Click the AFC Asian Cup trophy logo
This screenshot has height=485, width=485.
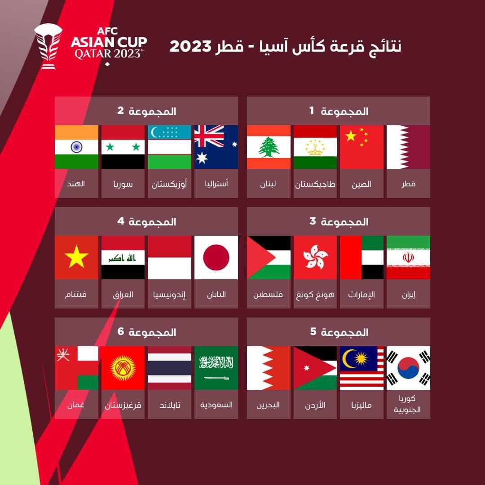pyautogui.click(x=48, y=47)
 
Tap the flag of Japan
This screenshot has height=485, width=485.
pyautogui.click(x=216, y=258)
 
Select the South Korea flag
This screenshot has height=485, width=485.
pyautogui.click(x=408, y=368)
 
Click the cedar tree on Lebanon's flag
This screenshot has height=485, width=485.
pyautogui.click(x=269, y=147)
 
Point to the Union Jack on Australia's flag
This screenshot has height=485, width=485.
pyautogui.click(x=209, y=136)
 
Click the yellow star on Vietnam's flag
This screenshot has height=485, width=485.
pyautogui.click(x=76, y=256)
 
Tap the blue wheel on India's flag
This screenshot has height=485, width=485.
pyautogui.click(x=76, y=147)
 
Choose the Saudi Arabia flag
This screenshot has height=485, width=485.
pyautogui.click(x=216, y=368)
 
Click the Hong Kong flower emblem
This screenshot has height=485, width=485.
pyautogui.click(x=315, y=257)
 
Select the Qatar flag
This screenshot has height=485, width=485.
pyautogui.click(x=408, y=147)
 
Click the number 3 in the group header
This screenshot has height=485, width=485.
pyautogui.click(x=313, y=221)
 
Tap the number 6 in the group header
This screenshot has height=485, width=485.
pyautogui.click(x=121, y=331)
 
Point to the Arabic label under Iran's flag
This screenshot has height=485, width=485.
pyautogui.click(x=409, y=295)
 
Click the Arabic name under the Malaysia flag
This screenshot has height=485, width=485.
pyautogui.click(x=361, y=405)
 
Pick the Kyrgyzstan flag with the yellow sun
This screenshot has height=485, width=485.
pyautogui.click(x=123, y=368)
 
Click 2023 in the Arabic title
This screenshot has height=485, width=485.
pyautogui.click(x=190, y=46)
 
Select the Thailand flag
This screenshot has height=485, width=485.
pyautogui.click(x=169, y=368)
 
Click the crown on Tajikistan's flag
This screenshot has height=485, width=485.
pyautogui.click(x=315, y=147)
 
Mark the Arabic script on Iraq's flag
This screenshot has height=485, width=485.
pyautogui.click(x=122, y=258)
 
